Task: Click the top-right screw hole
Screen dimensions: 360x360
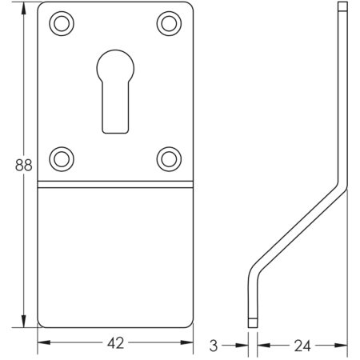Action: click(168, 24)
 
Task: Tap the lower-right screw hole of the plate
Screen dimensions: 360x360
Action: click(168, 158)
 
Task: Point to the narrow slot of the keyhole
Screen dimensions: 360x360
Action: click(114, 108)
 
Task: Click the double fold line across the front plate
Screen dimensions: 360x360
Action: click(114, 187)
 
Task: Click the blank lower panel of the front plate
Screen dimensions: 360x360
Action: click(114, 256)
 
